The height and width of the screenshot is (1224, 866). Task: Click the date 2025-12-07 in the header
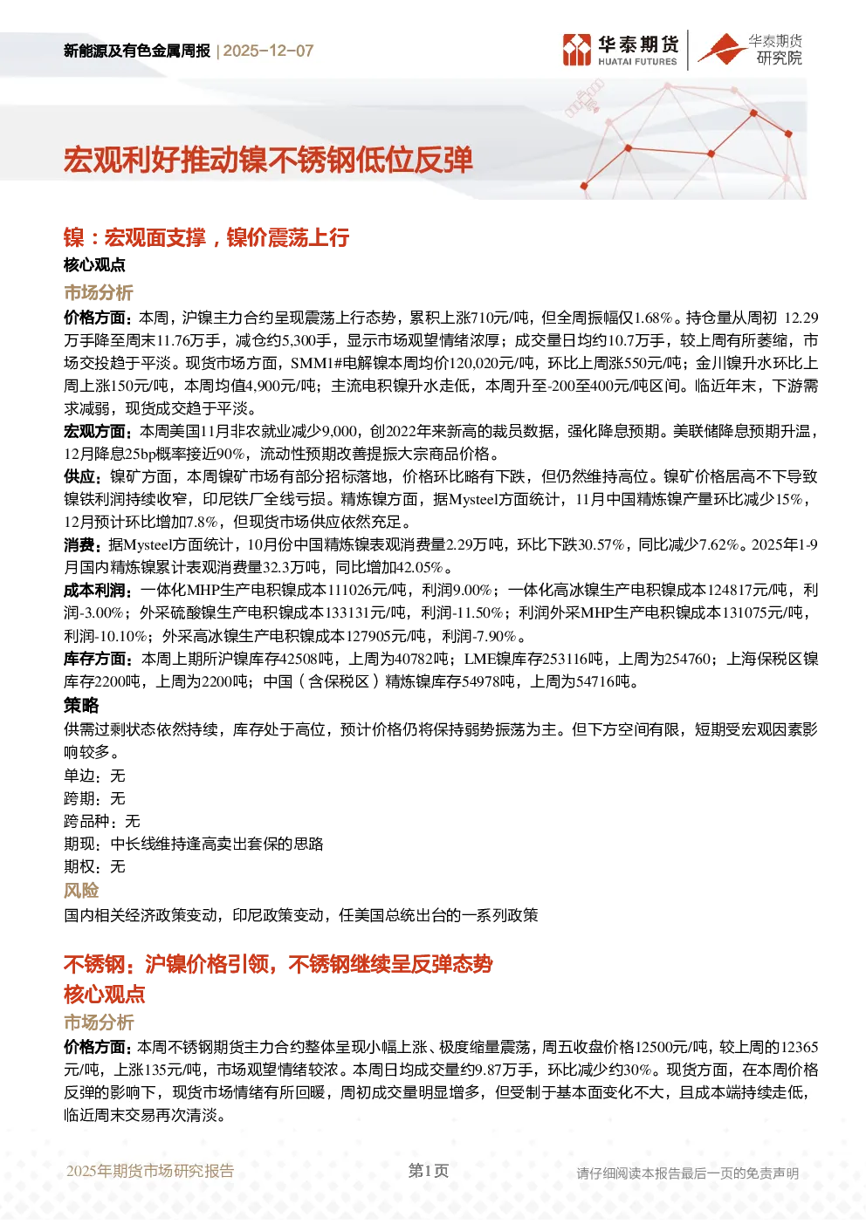(268, 51)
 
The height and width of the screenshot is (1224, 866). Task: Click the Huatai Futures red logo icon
(577, 50)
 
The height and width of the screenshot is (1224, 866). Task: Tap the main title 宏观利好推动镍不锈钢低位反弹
(268, 161)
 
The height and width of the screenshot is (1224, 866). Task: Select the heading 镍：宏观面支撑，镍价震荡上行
(206, 237)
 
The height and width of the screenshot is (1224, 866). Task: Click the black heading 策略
(81, 706)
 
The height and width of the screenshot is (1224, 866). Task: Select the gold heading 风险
(81, 891)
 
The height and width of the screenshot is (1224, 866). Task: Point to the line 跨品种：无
(101, 821)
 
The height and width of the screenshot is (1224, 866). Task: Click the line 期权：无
(94, 866)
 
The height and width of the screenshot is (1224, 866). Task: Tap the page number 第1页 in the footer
(429, 1171)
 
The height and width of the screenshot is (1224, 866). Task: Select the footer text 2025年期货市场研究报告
(150, 1171)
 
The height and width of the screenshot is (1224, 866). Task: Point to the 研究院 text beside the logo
(779, 58)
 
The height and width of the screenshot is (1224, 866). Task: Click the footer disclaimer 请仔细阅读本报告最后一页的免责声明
(688, 1173)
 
